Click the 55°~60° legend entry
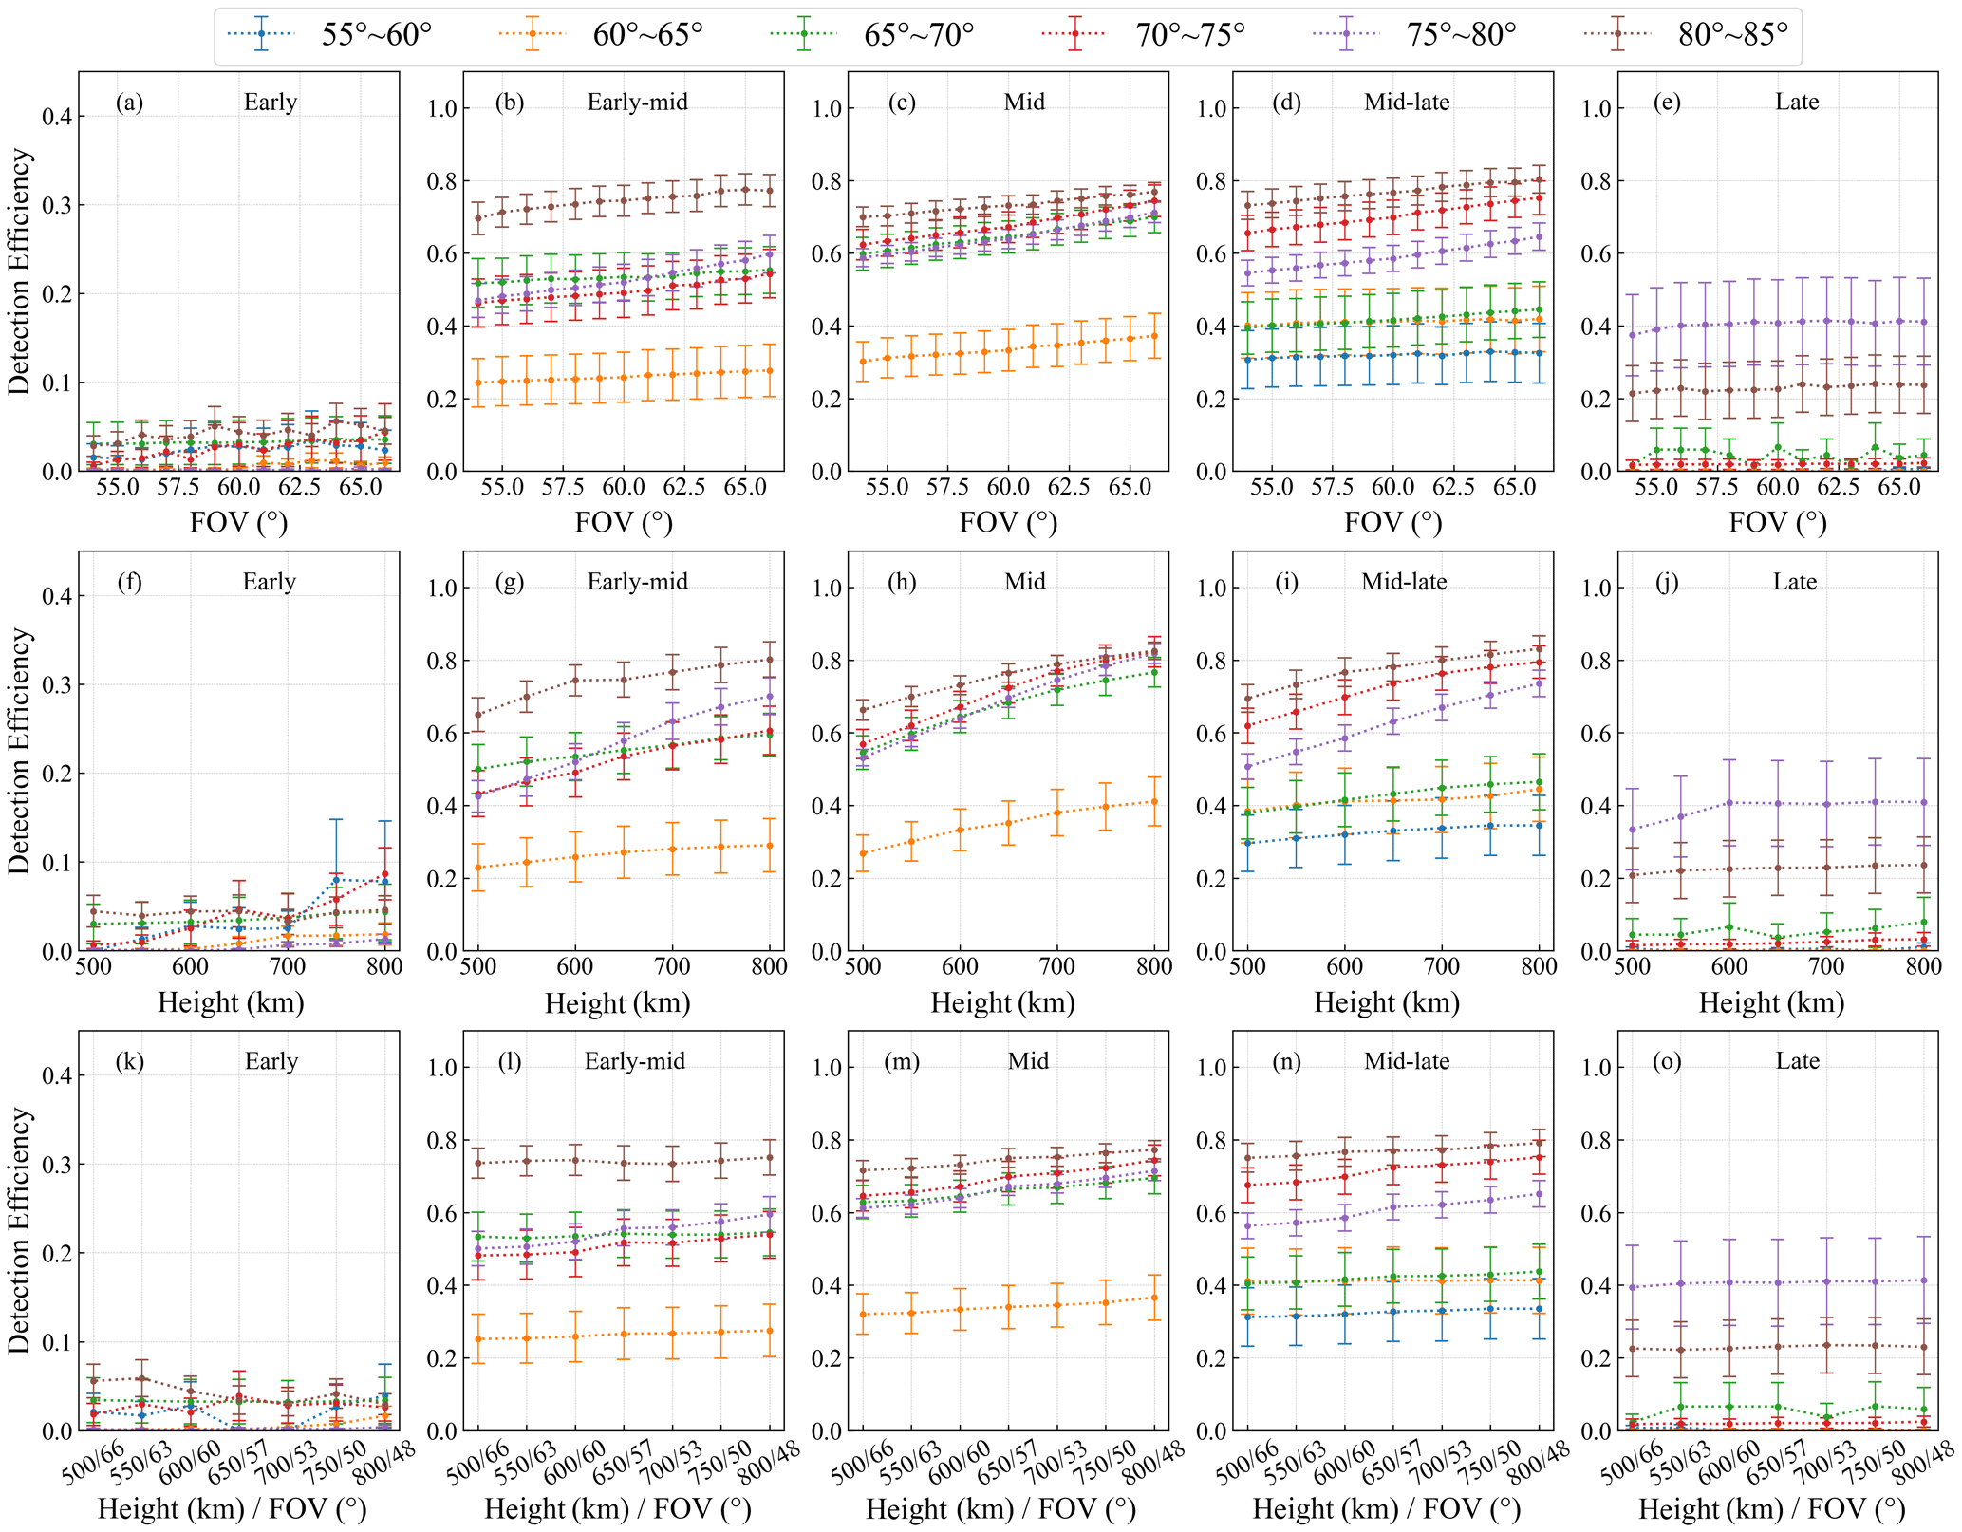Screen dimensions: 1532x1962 375,35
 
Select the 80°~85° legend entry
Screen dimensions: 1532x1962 1733,35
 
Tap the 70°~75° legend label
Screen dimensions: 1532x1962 1190,35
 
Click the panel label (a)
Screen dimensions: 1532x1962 130,103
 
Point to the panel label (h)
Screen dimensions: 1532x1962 902,582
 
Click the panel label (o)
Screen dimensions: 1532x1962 1667,1061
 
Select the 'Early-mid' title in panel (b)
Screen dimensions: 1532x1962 638,103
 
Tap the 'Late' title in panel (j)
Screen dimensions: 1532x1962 1795,582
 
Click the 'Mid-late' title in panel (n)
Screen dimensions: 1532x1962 1407,1061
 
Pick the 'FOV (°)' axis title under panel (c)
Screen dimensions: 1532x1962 1008,522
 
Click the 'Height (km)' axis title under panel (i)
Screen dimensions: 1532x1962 1387,1002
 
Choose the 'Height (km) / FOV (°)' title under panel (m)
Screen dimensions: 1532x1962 1001,1508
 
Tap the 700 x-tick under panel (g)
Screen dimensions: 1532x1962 672,966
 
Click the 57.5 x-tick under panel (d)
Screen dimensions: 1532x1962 1332,487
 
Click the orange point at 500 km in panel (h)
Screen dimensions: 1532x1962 863,853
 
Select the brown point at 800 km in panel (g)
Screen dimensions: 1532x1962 770,660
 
